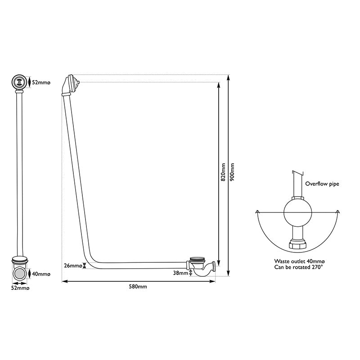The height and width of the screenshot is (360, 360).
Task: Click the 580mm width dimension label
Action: pyautogui.click(x=138, y=287)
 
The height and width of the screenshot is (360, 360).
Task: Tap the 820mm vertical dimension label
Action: pyautogui.click(x=223, y=172)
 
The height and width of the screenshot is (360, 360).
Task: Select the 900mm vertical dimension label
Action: pyautogui.click(x=232, y=172)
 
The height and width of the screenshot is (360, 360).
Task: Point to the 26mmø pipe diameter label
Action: pyautogui.click(x=73, y=265)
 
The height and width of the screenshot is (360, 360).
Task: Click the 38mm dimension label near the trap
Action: pyautogui.click(x=180, y=273)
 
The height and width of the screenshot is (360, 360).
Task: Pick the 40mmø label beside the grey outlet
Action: pyautogui.click(x=41, y=274)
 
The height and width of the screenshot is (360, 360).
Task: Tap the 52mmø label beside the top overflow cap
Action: pyautogui.click(x=41, y=82)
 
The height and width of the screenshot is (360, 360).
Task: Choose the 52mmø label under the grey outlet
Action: pyautogui.click(x=20, y=288)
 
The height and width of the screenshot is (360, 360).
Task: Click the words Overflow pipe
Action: pyautogui.click(x=322, y=184)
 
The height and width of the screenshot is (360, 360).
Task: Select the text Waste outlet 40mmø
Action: pyautogui.click(x=299, y=261)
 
